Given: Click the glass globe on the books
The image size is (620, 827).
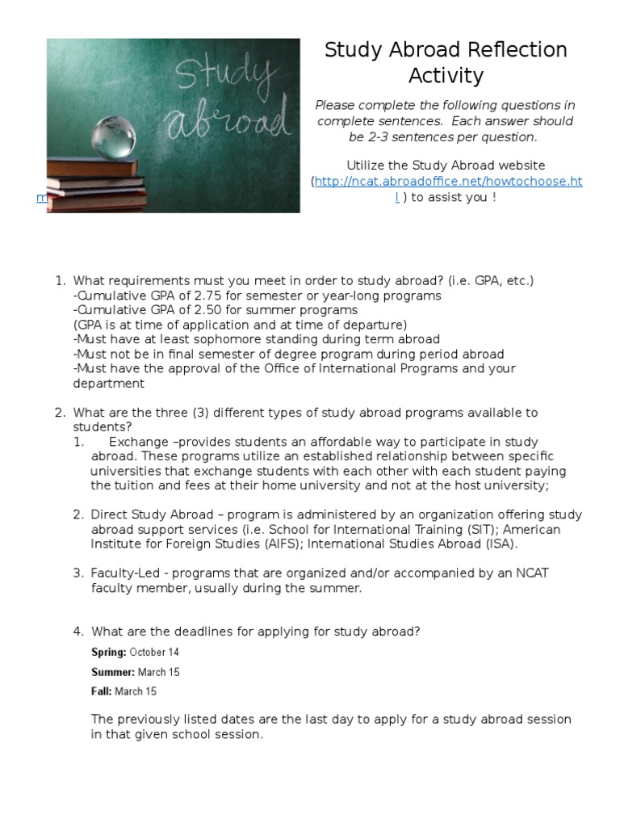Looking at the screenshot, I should coord(114,137).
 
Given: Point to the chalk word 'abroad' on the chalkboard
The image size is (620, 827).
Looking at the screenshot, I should coord(228,124).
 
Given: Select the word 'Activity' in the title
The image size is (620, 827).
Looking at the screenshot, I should coord(446,76).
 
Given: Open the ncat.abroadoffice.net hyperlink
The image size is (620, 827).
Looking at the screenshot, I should coord(448,182).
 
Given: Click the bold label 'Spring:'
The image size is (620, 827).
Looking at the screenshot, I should coord(109,652).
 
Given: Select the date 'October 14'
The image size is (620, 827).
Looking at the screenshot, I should coord(155,652).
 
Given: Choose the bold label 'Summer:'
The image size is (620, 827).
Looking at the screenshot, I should coord(113,672).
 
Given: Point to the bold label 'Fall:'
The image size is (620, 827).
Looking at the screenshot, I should coord(102,691).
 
